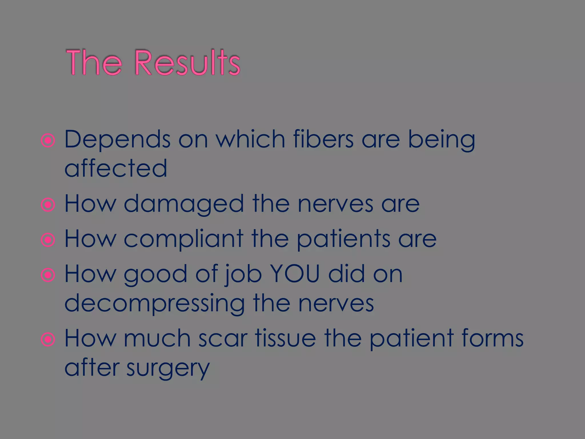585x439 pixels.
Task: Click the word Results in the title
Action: coord(187,63)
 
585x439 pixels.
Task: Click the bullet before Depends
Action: coord(48,141)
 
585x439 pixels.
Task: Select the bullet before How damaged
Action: coord(48,205)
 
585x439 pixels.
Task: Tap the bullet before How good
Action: coord(48,275)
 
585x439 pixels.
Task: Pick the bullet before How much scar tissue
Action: coord(48,340)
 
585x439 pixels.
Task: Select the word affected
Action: coord(116,168)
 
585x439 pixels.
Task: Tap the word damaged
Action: coord(184,203)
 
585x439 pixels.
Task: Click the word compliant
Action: coord(183,239)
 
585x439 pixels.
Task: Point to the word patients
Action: coord(343,239)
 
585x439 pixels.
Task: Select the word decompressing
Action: coord(155,304)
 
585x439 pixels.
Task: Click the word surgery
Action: coord(168,368)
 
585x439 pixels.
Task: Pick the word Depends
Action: coord(117,140)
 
